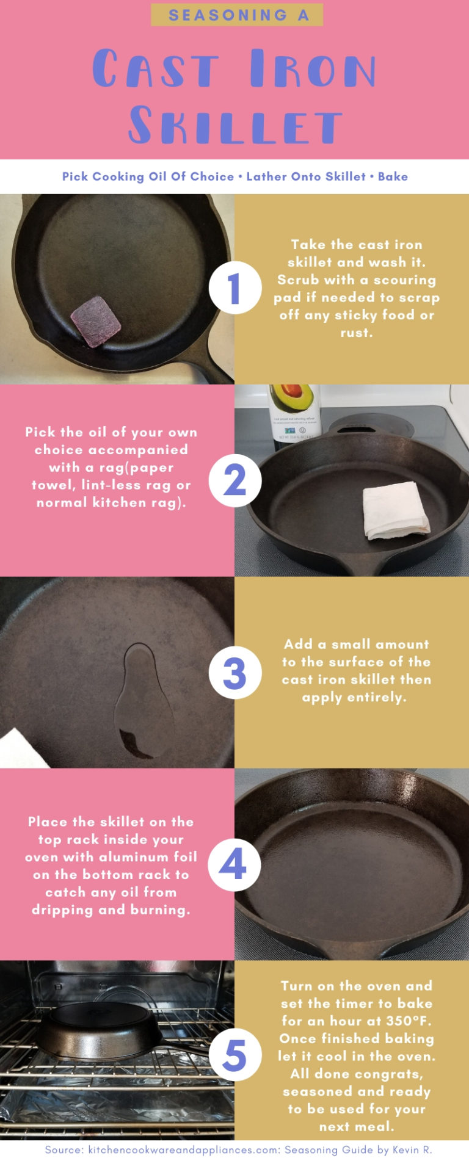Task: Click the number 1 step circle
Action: point(234,288)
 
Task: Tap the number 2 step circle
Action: point(234,480)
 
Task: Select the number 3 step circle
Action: point(234,673)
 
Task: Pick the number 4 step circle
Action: point(234,865)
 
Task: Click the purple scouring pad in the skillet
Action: point(96,321)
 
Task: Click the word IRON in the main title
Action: point(313,69)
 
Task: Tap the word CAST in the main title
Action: point(156,69)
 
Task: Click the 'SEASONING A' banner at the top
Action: point(237,15)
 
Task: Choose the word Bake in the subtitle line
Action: point(393,176)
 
